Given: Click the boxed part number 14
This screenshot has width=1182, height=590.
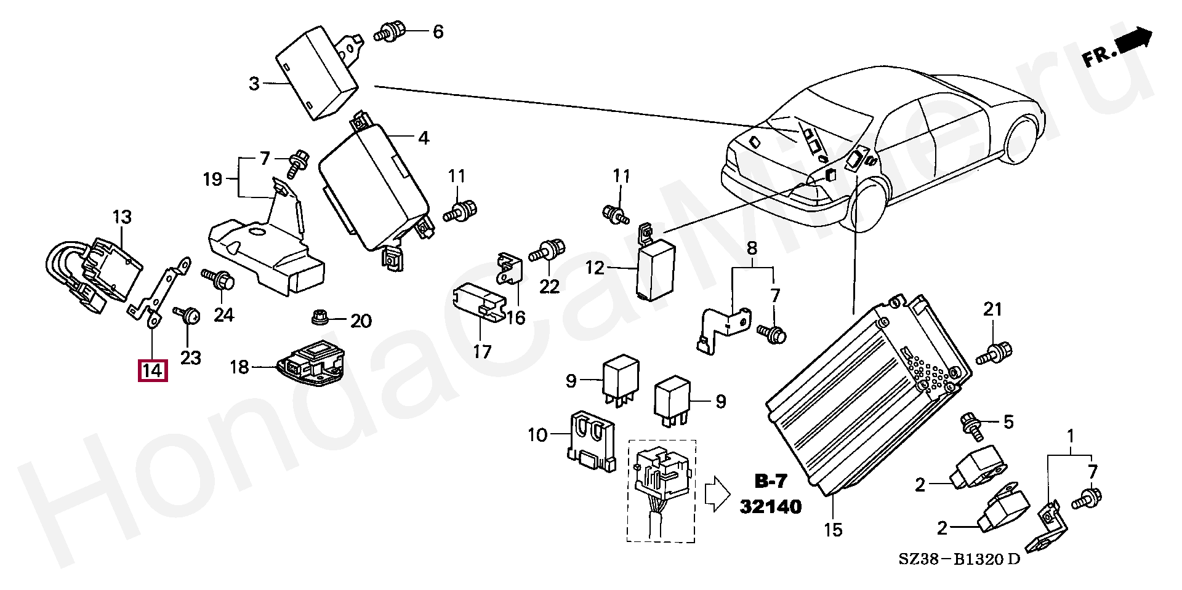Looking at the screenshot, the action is [x=152, y=370].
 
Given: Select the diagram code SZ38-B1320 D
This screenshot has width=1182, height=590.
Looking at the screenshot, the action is [x=959, y=559].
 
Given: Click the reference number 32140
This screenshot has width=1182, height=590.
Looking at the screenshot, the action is [x=771, y=506].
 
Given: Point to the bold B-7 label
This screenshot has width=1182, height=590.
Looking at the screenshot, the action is [x=771, y=481].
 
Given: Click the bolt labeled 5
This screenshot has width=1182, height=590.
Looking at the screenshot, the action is [x=972, y=426].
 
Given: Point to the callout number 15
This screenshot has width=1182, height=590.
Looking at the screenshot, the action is [x=833, y=530].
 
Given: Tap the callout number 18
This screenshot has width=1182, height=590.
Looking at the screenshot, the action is [x=239, y=367].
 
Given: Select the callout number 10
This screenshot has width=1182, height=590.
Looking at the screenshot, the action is [x=537, y=435].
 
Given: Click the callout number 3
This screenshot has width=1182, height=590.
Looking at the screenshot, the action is [x=254, y=83].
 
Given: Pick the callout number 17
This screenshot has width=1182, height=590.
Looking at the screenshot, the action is [x=482, y=352].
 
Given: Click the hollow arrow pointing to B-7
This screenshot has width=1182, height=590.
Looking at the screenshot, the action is [x=717, y=493].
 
